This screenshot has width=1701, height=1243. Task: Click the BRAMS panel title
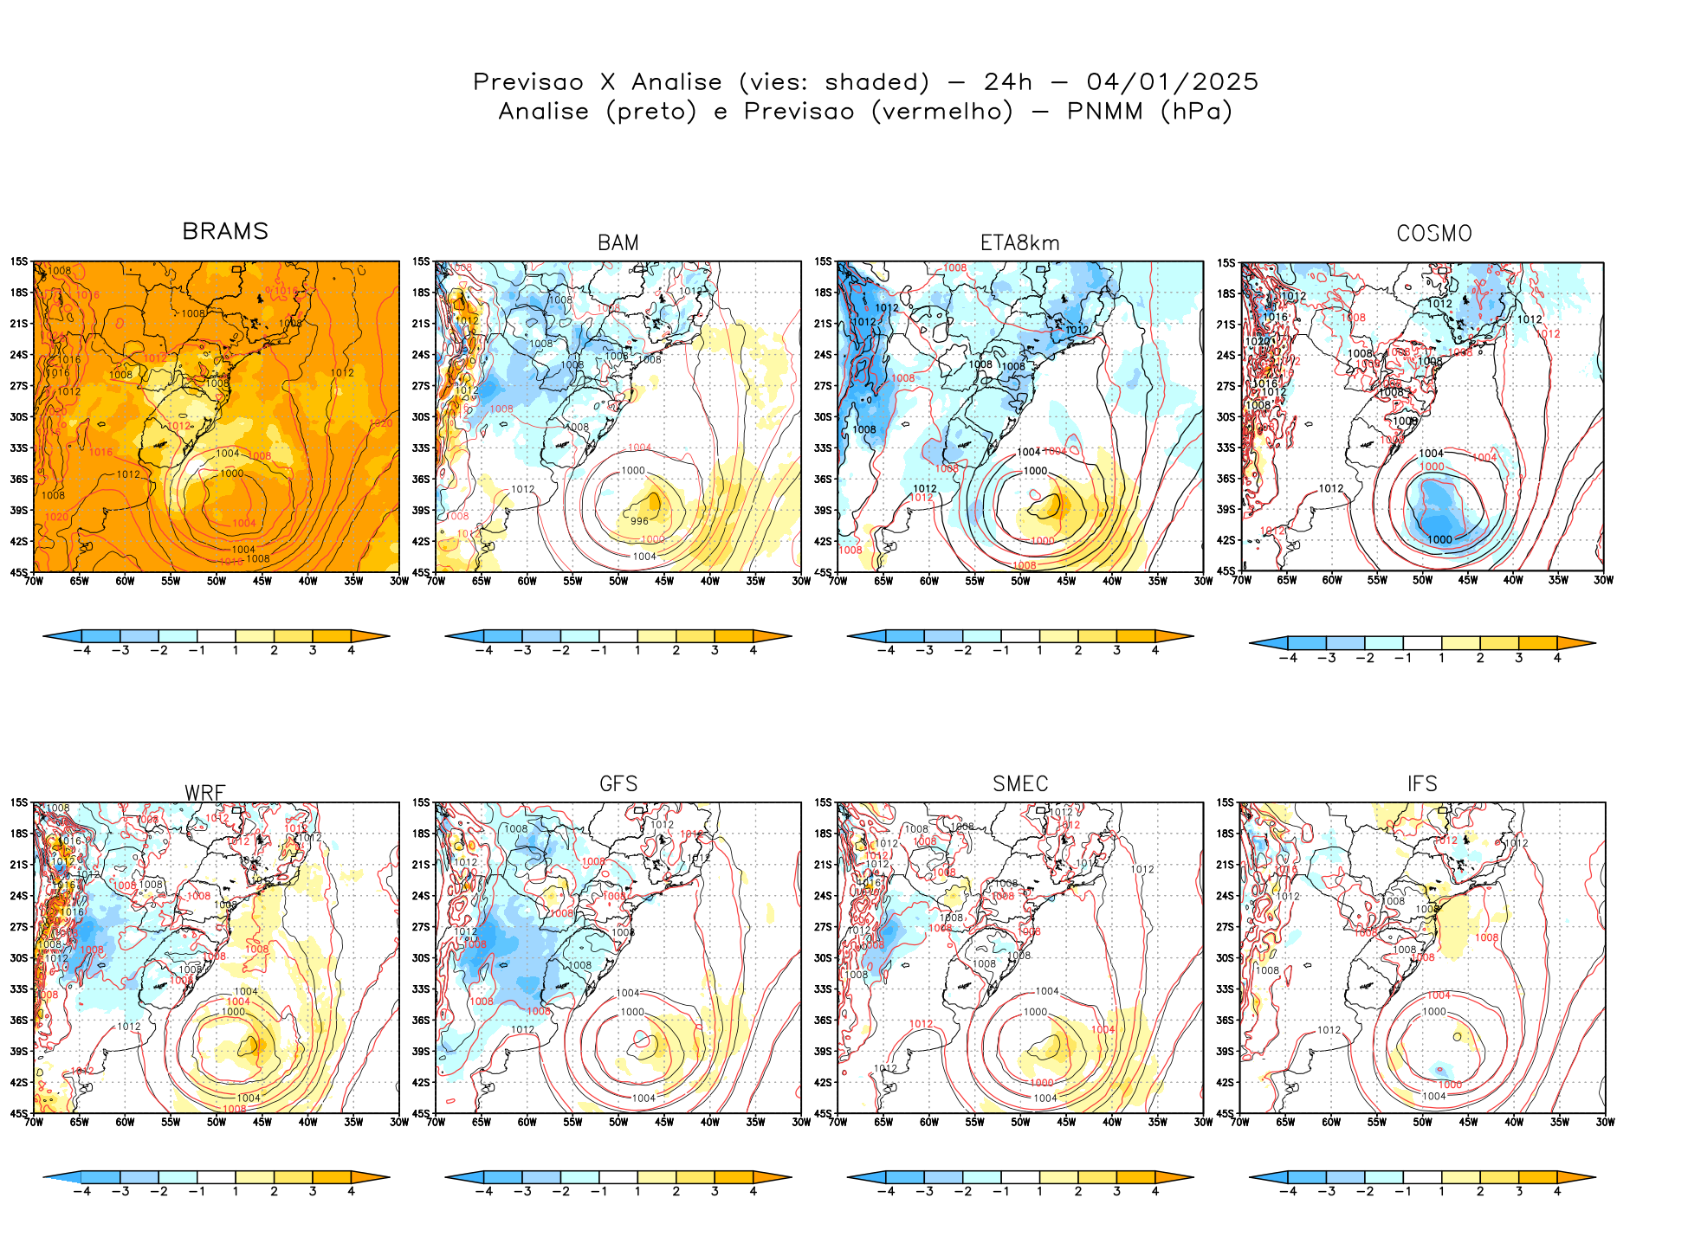pos(225,232)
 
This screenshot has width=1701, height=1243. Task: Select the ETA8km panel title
pos(1019,243)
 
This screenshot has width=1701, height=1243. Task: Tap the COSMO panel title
pos(1434,234)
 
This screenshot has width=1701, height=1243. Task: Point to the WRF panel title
pos(205,793)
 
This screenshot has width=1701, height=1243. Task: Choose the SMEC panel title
pos(1020,784)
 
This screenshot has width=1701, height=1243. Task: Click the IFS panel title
pos(1422,784)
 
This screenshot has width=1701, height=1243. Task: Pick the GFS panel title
pos(618,784)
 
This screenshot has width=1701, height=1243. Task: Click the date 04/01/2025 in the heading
pos(1172,82)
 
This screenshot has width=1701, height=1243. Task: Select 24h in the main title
pos(1008,82)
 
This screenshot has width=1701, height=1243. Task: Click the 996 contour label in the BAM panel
pos(639,521)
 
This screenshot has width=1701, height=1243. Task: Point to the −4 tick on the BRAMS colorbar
pos(82,650)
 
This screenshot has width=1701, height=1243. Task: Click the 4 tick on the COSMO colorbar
pos(1557,658)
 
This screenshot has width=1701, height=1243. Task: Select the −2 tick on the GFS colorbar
pos(561,1191)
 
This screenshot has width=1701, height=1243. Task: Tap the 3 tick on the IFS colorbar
pos(1519,1191)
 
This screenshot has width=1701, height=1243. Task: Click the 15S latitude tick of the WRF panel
pos(19,803)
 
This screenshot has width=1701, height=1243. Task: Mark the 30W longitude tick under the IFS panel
pos(1605,1122)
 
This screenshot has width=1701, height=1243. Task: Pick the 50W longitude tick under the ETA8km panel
pos(1020,581)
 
